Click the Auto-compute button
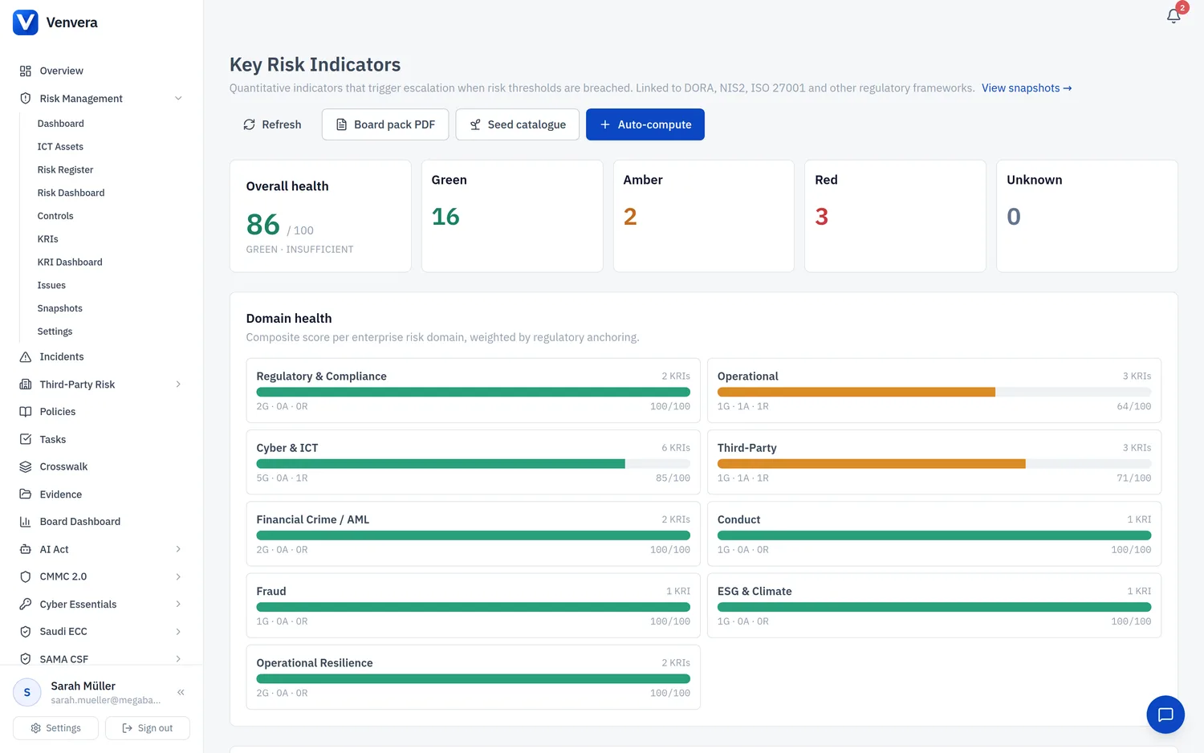point(645,124)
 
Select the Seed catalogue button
point(517,124)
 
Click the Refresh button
point(272,124)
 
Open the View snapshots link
point(1027,88)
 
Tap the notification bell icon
point(1173,16)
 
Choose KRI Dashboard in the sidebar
point(70,262)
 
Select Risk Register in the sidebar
point(65,169)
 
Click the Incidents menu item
point(62,356)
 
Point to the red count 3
point(821,216)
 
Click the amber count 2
point(630,216)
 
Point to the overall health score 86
point(262,224)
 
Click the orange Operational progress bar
point(856,392)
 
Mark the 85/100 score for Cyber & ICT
point(673,478)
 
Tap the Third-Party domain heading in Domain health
point(746,448)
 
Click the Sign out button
point(147,728)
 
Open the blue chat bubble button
point(1165,714)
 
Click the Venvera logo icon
point(25,22)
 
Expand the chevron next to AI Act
point(178,549)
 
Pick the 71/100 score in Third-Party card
point(1134,478)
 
